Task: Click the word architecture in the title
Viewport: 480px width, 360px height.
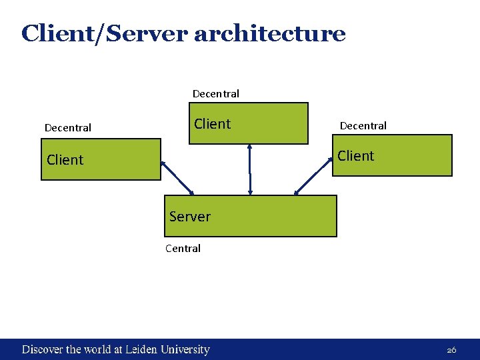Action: tap(269, 33)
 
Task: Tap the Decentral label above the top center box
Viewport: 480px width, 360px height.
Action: tap(215, 93)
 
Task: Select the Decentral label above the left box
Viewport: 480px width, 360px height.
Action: tap(67, 127)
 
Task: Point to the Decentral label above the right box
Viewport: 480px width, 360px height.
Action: tap(363, 125)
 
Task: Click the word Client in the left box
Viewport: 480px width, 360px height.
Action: tap(65, 160)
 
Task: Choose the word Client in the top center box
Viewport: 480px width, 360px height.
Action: tap(212, 124)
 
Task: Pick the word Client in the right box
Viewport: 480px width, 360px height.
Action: tap(355, 156)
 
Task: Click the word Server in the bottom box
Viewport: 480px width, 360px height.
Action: tap(189, 217)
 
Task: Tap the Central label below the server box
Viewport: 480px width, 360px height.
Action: tap(183, 249)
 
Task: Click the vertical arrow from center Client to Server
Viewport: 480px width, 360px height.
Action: tap(250, 170)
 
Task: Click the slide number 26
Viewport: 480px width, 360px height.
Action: tap(451, 350)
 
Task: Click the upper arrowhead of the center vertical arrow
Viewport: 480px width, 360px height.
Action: tap(250, 148)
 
